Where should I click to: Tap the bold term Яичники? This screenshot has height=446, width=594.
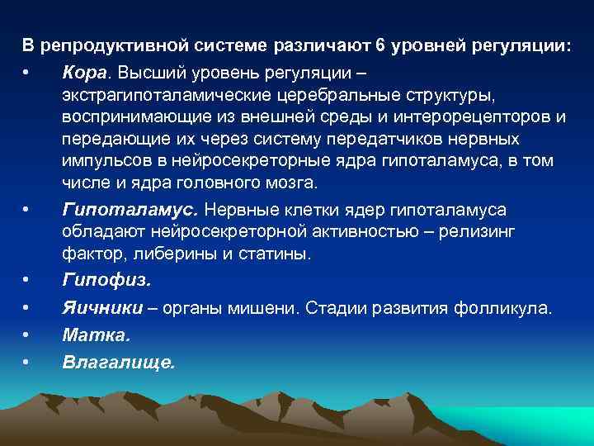click(101, 309)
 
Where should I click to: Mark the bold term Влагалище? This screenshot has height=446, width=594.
click(118, 362)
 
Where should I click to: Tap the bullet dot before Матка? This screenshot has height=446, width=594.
click(26, 336)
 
